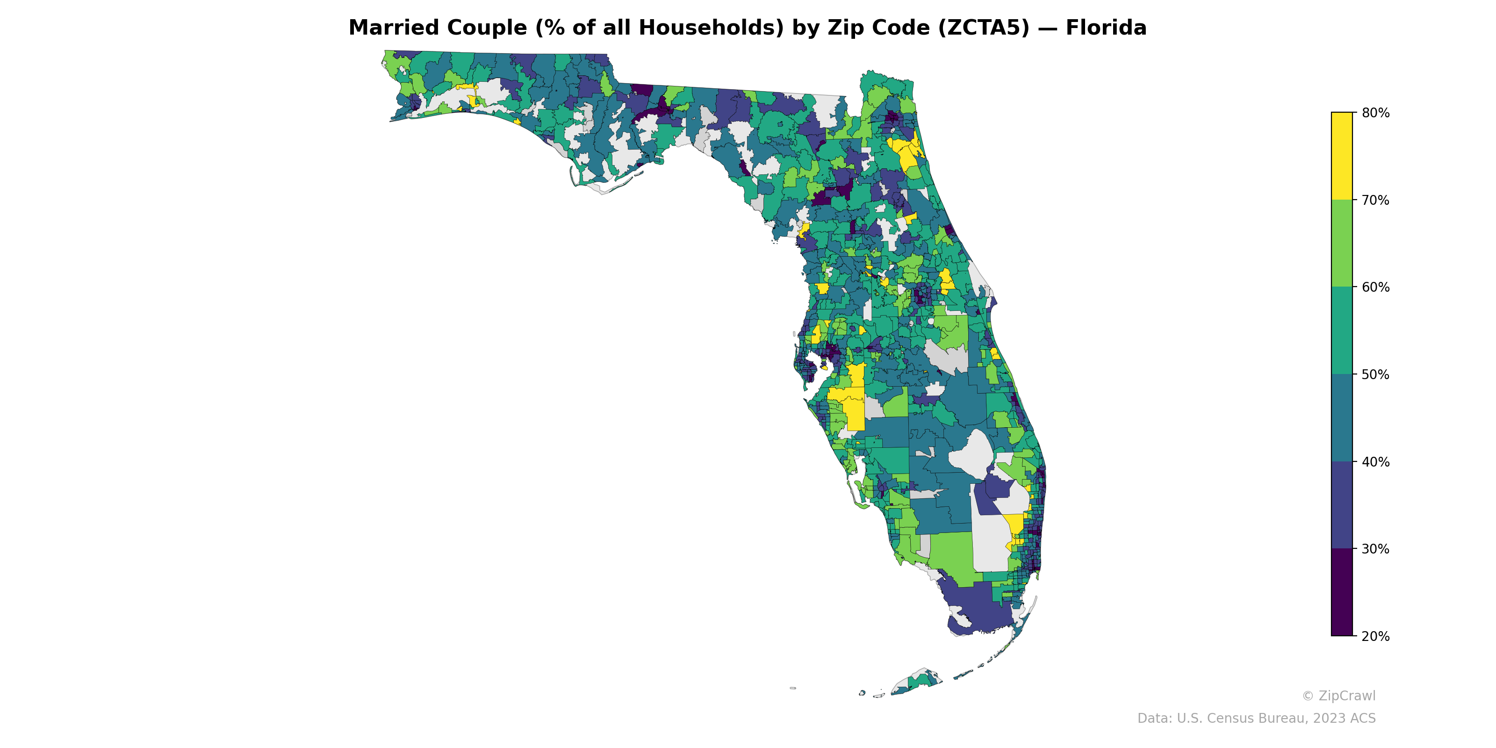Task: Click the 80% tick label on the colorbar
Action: [1375, 113]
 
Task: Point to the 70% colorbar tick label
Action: [1375, 201]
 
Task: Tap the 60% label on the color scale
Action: [1375, 288]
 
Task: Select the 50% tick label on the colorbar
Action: [1375, 374]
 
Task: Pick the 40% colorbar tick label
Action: [1375, 462]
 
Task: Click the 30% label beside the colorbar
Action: [1375, 549]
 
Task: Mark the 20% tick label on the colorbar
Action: [1375, 636]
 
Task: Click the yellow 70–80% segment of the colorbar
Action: [1342, 156]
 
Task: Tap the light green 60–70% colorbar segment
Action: [1342, 243]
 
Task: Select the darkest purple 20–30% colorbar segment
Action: [1342, 592]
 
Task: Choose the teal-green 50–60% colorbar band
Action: [1342, 331]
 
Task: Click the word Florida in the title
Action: [1106, 28]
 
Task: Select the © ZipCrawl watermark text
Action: [1338, 696]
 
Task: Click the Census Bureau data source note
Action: [1256, 719]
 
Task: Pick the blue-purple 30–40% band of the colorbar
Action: [1342, 505]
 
